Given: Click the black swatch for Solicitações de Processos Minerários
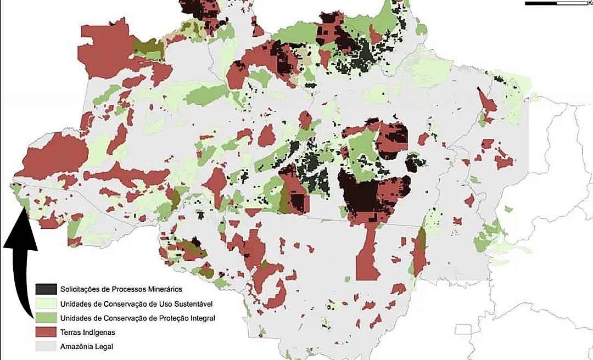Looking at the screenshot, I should [x=46, y=289].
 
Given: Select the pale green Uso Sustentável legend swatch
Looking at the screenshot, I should [x=46, y=303].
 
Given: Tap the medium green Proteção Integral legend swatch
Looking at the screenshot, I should [x=46, y=318].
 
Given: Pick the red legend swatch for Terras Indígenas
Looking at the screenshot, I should [x=46, y=332].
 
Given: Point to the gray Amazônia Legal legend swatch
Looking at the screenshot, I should [x=46, y=346].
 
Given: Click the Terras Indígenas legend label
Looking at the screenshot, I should [x=87, y=332].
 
